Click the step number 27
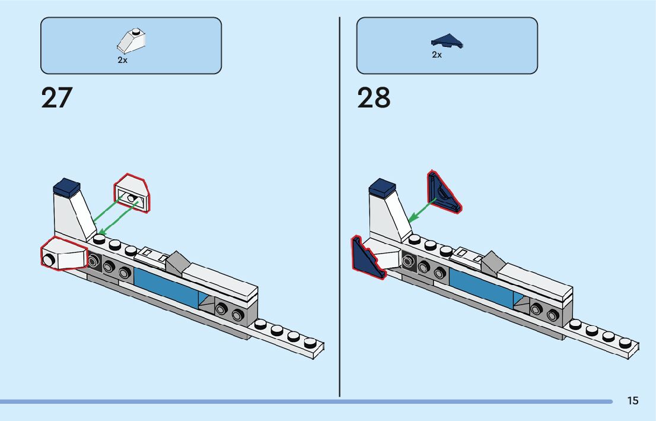[56, 98]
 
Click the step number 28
[374, 98]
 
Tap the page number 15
[633, 401]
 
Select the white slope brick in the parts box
[132, 42]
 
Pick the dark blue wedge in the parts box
[447, 41]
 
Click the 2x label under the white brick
[122, 61]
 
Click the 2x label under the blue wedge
[437, 55]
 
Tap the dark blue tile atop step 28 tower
[382, 188]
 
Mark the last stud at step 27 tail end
[310, 343]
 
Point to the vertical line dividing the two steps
[339, 208]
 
